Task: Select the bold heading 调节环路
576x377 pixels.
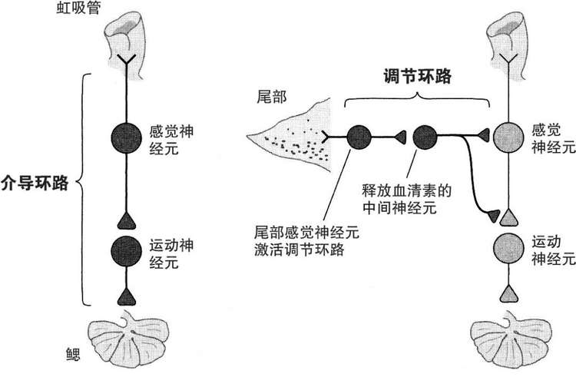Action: tap(415, 77)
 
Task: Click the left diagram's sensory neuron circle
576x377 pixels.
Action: tap(124, 137)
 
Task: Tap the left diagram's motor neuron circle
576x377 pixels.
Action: tap(124, 250)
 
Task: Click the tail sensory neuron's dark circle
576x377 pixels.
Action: tap(359, 137)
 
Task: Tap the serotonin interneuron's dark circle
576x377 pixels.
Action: tap(425, 137)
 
